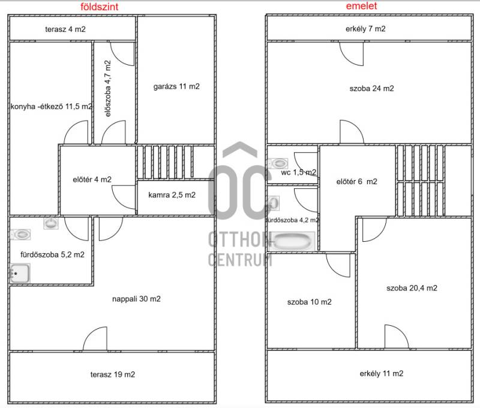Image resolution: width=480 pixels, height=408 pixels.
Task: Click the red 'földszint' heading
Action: pyautogui.click(x=99, y=7)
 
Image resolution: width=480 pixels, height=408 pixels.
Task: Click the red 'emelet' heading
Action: pyautogui.click(x=361, y=6)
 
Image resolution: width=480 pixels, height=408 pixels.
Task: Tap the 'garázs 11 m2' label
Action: pyautogui.click(x=176, y=86)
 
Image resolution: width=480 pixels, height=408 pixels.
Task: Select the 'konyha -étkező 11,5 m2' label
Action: pyautogui.click(x=51, y=107)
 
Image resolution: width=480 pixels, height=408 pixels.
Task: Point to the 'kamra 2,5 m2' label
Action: pyautogui.click(x=172, y=195)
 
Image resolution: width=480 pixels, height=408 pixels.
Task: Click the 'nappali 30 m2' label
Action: pyautogui.click(x=136, y=299)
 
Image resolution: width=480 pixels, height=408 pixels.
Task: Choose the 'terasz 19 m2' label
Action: pyautogui.click(x=113, y=374)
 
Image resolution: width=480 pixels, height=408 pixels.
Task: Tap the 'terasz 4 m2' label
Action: pyautogui.click(x=65, y=29)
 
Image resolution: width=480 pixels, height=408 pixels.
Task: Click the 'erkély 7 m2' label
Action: pyautogui.click(x=365, y=29)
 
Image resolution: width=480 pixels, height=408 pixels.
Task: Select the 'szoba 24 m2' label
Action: pyautogui.click(x=371, y=88)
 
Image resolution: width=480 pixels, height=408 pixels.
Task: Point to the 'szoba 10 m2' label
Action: pyautogui.click(x=309, y=302)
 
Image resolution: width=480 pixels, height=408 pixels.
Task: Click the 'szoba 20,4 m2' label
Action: pyautogui.click(x=412, y=288)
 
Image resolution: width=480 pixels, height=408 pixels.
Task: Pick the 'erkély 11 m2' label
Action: pyautogui.click(x=382, y=373)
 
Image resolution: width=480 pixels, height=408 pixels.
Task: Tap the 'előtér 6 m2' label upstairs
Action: pyautogui.click(x=356, y=182)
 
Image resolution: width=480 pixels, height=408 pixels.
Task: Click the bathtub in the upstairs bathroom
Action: pyautogui.click(x=293, y=241)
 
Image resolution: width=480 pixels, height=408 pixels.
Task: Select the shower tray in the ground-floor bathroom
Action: pyautogui.click(x=20, y=273)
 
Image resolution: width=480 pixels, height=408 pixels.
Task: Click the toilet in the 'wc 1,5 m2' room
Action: pyautogui.click(x=278, y=163)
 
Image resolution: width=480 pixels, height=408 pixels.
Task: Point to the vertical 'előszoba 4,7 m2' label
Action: pyautogui.click(x=108, y=88)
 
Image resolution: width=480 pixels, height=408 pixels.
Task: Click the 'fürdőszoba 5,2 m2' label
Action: pyautogui.click(x=52, y=254)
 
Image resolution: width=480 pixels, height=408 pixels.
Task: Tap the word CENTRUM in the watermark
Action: pyautogui.click(x=240, y=260)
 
